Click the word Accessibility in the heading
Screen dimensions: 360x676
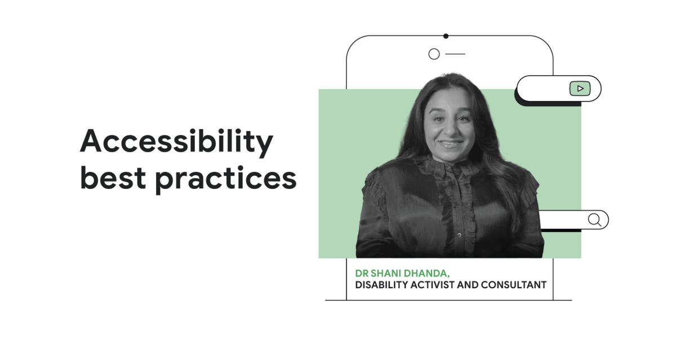[x=176, y=142]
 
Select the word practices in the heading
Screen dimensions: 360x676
[x=225, y=179]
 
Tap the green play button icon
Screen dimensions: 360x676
[x=580, y=88]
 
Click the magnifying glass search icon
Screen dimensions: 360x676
[x=594, y=219]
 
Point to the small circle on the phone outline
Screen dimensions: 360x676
[x=434, y=54]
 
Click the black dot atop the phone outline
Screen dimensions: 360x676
[x=446, y=36]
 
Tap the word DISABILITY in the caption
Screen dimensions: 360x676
[x=381, y=285]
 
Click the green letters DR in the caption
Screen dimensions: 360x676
[x=361, y=273]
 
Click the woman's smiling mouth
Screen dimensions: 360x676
[x=451, y=144]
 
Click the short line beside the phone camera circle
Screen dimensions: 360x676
[x=455, y=54]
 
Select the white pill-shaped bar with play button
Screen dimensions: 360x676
[x=544, y=89]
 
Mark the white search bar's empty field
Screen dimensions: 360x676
[x=563, y=219]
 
